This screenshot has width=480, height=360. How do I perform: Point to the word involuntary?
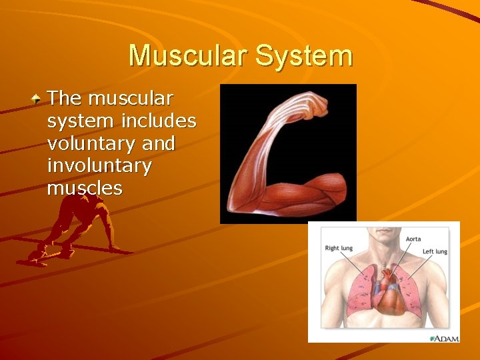click(x=99, y=166)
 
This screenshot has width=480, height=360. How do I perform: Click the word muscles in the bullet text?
click(x=85, y=188)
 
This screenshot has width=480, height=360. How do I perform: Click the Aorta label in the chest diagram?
click(x=413, y=239)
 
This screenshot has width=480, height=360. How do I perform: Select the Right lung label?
click(x=339, y=248)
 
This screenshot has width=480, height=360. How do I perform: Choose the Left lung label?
click(x=435, y=251)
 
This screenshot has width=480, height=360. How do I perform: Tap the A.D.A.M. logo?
click(x=443, y=338)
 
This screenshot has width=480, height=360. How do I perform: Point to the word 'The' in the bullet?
click(x=65, y=99)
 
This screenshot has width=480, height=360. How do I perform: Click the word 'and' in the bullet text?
click(x=154, y=144)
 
